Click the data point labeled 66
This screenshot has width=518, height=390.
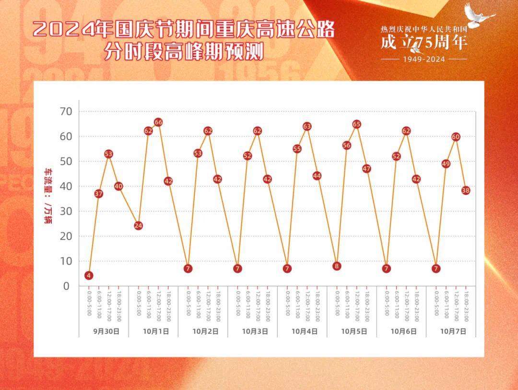tap(158, 122)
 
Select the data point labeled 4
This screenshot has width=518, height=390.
tap(89, 275)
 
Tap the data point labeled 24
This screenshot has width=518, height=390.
tap(138, 226)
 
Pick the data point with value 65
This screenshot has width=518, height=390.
tap(356, 124)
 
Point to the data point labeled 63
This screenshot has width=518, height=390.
tap(307, 126)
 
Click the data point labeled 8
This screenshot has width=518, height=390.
tap(337, 266)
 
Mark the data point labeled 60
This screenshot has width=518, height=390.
tap(456, 137)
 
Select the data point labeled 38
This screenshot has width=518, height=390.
tap(465, 191)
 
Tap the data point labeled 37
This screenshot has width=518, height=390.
tap(99, 194)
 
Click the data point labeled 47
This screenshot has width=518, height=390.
tap(366, 169)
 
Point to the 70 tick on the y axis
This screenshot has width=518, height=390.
tap(65, 111)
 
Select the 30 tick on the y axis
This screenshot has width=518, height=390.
tap(65, 211)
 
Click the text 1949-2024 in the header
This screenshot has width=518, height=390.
tap(424, 60)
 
